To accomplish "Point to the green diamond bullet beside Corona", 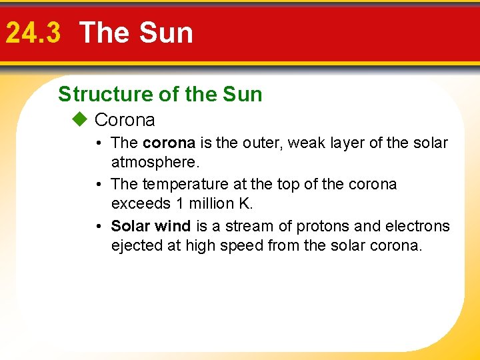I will pos(81,120).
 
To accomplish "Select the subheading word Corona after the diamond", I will pos(125,120).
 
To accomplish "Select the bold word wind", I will pos(173,227).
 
